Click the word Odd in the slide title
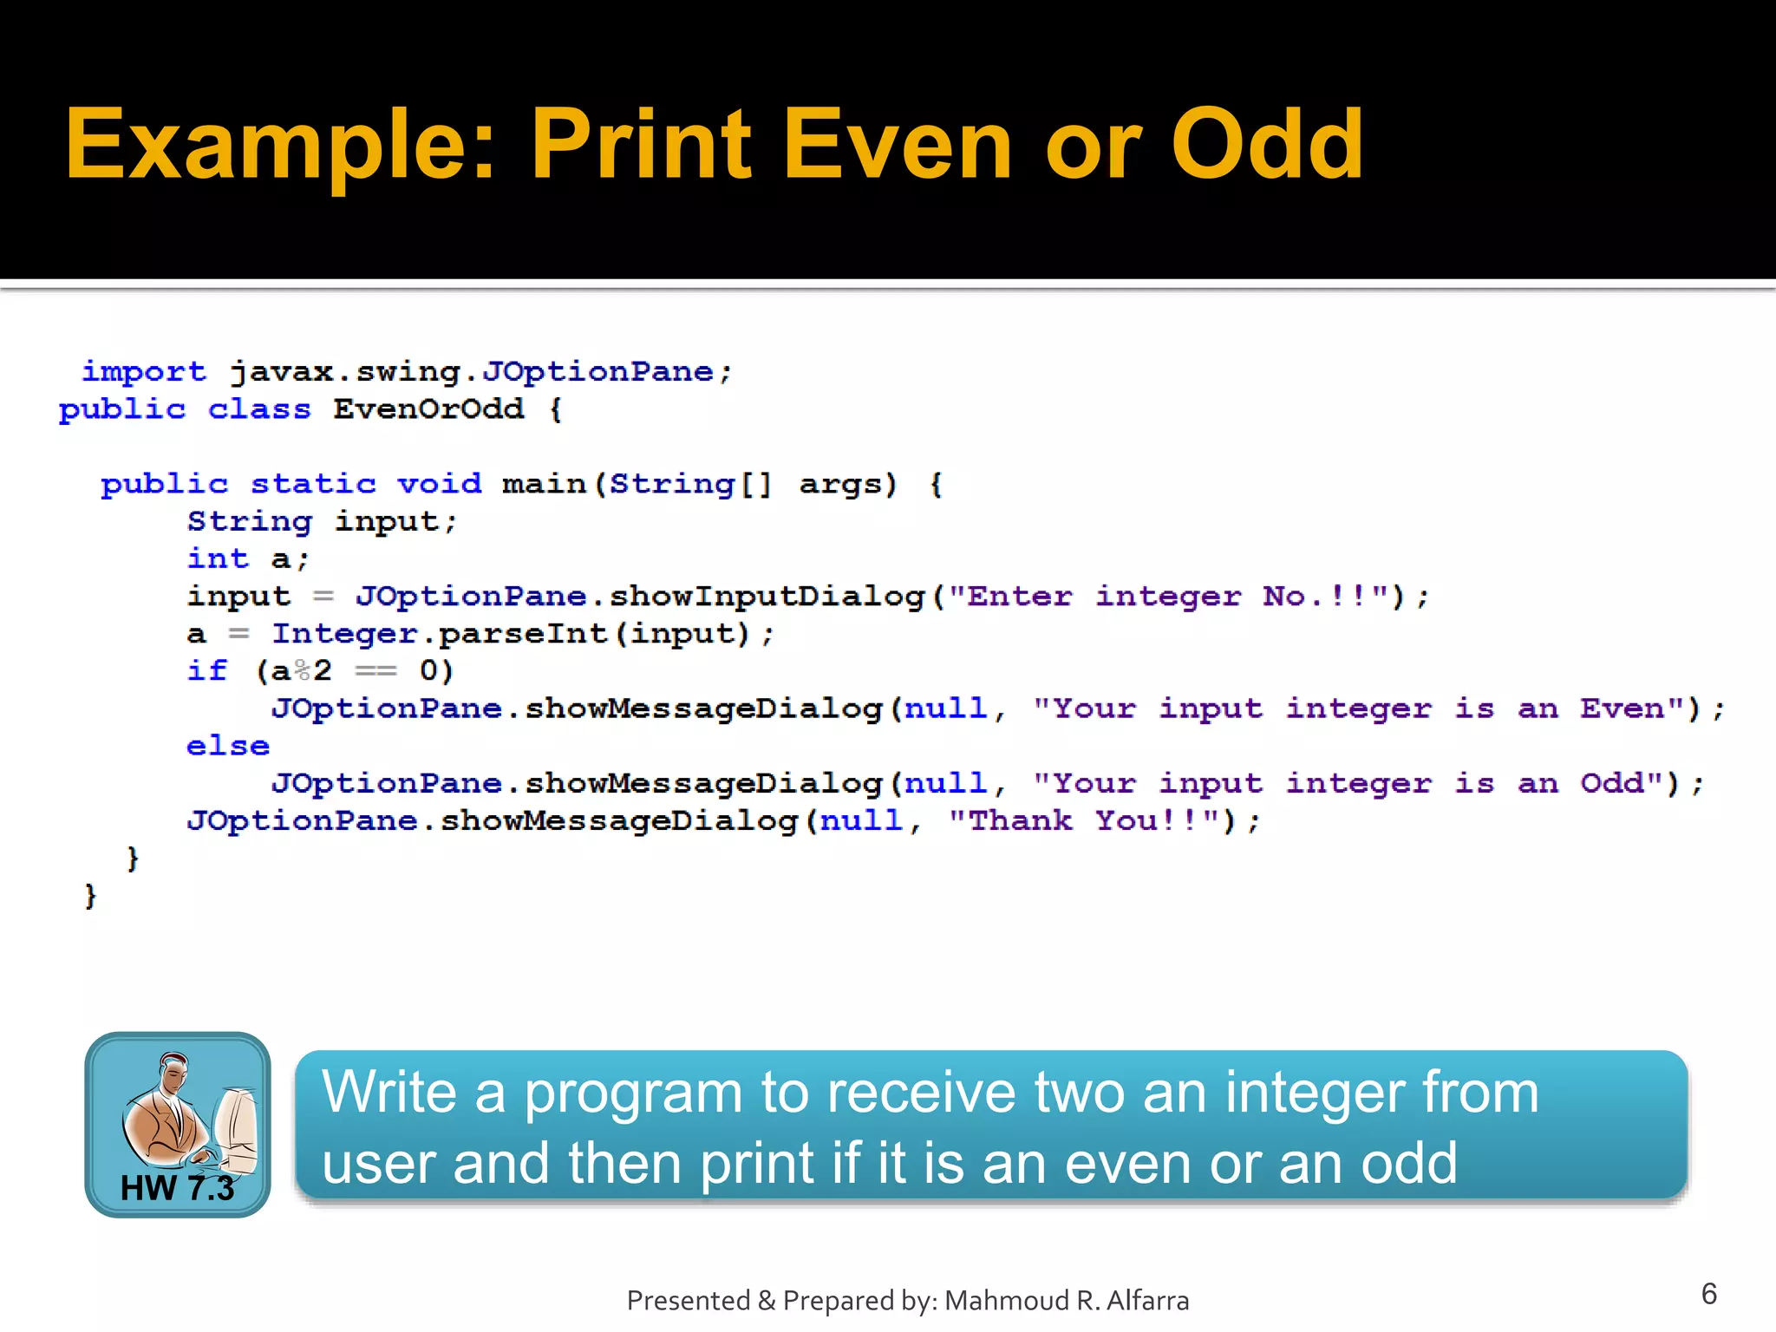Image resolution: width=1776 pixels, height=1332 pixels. tap(1267, 145)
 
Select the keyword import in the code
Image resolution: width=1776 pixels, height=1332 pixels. tap(144, 372)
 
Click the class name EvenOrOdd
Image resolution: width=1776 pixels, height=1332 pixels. tap(428, 408)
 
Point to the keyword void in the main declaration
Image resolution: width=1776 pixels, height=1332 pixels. tap(439, 483)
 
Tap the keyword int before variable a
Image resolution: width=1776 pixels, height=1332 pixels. tap(218, 558)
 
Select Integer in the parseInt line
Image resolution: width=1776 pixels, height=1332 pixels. tap(344, 634)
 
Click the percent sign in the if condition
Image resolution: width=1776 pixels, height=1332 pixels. tap(302, 671)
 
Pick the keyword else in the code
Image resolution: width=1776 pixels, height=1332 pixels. tap(228, 746)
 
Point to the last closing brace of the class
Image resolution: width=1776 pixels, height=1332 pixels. tap(90, 895)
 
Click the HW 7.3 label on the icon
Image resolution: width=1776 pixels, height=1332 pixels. tap(177, 1188)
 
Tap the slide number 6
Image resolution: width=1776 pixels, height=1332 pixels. tap(1708, 1294)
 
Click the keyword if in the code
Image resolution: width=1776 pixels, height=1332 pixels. tap(207, 671)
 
